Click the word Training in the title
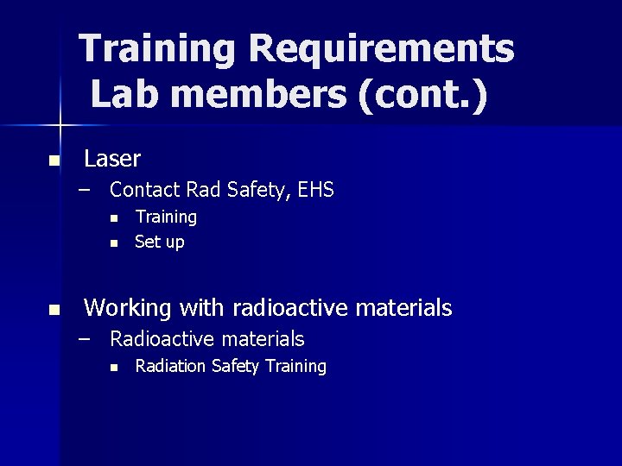pos(156,49)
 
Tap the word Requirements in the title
pos(381,49)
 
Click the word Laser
pos(112,159)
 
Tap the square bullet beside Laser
pos(54,161)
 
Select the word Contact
pos(145,190)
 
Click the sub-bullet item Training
pos(166,217)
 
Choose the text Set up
pos(160,242)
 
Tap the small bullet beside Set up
pos(113,243)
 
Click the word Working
pos(130,307)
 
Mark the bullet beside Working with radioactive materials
pos(54,309)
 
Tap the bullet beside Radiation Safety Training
pos(113,368)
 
